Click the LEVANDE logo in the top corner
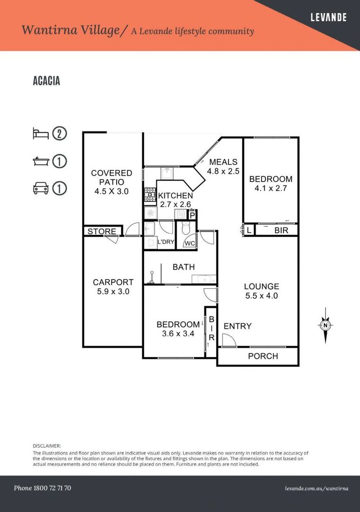[x=328, y=18]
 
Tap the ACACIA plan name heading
[x=46, y=81]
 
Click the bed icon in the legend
[x=40, y=134]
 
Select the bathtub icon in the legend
[x=40, y=161]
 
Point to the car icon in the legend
[x=40, y=188]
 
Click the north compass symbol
[x=325, y=325]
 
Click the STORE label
[x=102, y=231]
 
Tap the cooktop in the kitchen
[x=150, y=192]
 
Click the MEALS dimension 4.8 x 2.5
[x=223, y=171]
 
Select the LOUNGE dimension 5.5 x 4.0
[x=261, y=296]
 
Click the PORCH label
[x=263, y=356]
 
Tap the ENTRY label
[x=237, y=326]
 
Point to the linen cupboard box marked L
[x=249, y=230]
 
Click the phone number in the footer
[x=42, y=488]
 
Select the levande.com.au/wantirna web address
[x=316, y=488]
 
